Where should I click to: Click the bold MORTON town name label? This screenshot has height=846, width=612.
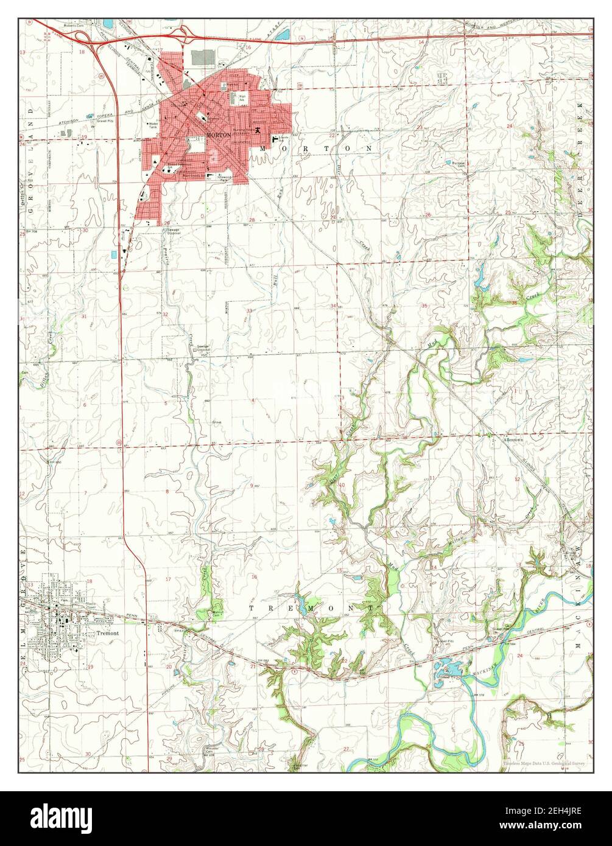pos(218,136)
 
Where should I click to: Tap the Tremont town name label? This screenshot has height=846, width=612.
pos(108,633)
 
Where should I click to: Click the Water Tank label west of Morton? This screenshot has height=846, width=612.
pos(152,125)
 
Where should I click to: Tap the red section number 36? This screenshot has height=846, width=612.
pos(515,303)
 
